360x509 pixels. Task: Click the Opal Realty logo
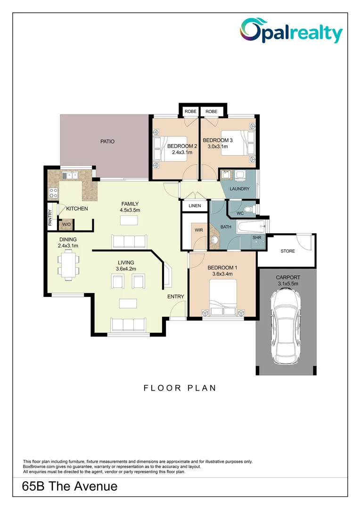pos(291,31)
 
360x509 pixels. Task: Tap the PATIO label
pos(106,141)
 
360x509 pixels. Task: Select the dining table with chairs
pos(69,265)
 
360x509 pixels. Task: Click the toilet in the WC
pos(249,209)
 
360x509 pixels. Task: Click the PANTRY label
pos(50,218)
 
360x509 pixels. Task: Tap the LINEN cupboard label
pos(195,206)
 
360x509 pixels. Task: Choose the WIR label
pos(198,230)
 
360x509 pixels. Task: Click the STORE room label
pos(287,251)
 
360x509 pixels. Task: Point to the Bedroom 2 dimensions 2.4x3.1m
pos(181,152)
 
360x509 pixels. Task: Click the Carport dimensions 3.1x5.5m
pos(287,284)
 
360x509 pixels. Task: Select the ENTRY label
pos(176,296)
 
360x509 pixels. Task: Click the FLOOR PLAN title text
pos(180,388)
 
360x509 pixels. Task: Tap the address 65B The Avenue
pos(70,486)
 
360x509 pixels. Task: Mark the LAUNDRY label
pos(239,189)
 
